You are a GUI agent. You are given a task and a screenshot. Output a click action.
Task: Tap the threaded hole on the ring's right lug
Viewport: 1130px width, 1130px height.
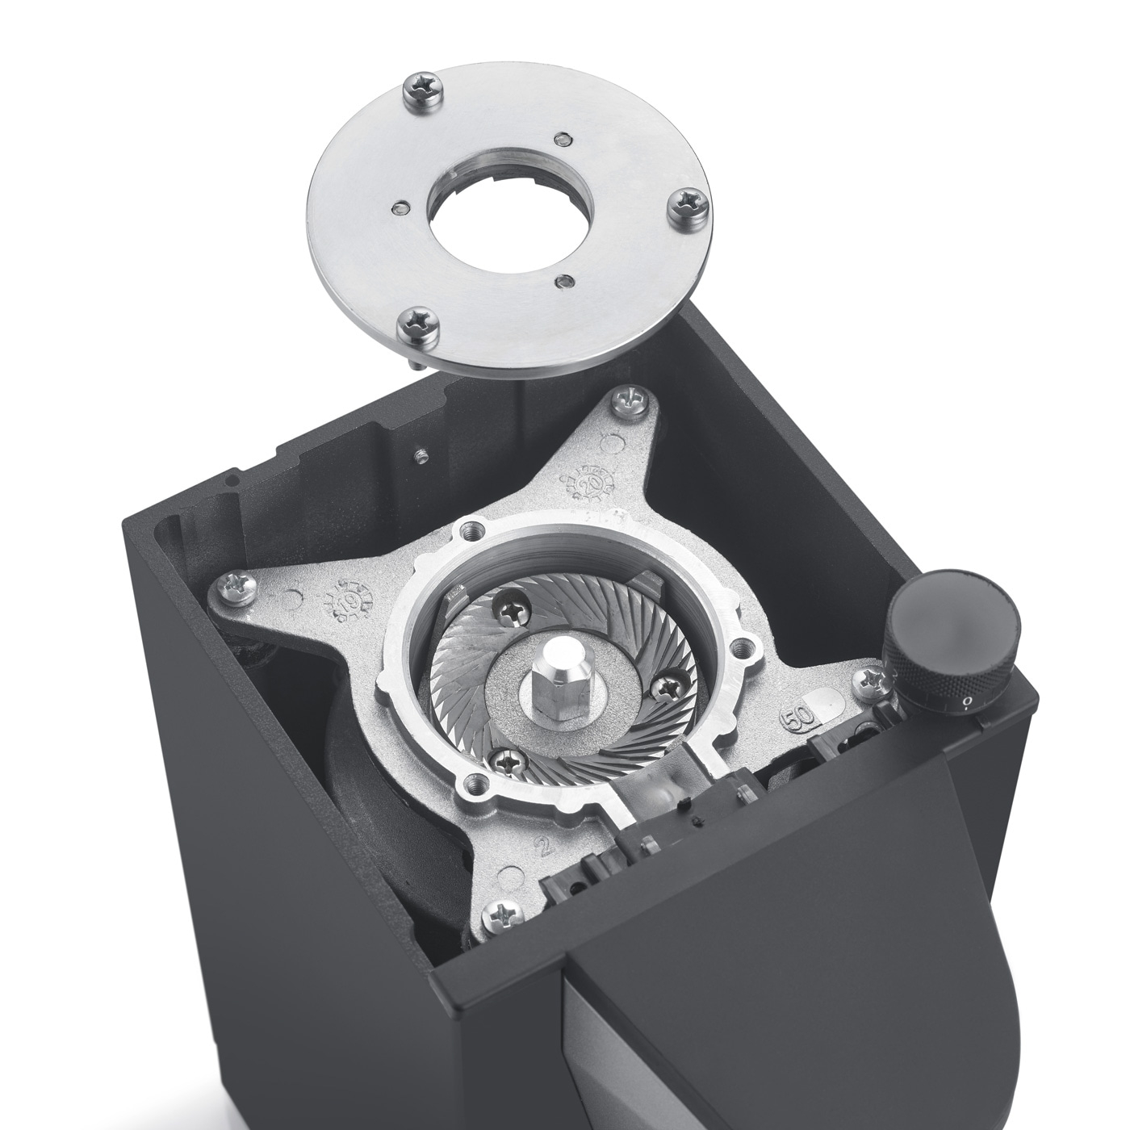click(x=739, y=646)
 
